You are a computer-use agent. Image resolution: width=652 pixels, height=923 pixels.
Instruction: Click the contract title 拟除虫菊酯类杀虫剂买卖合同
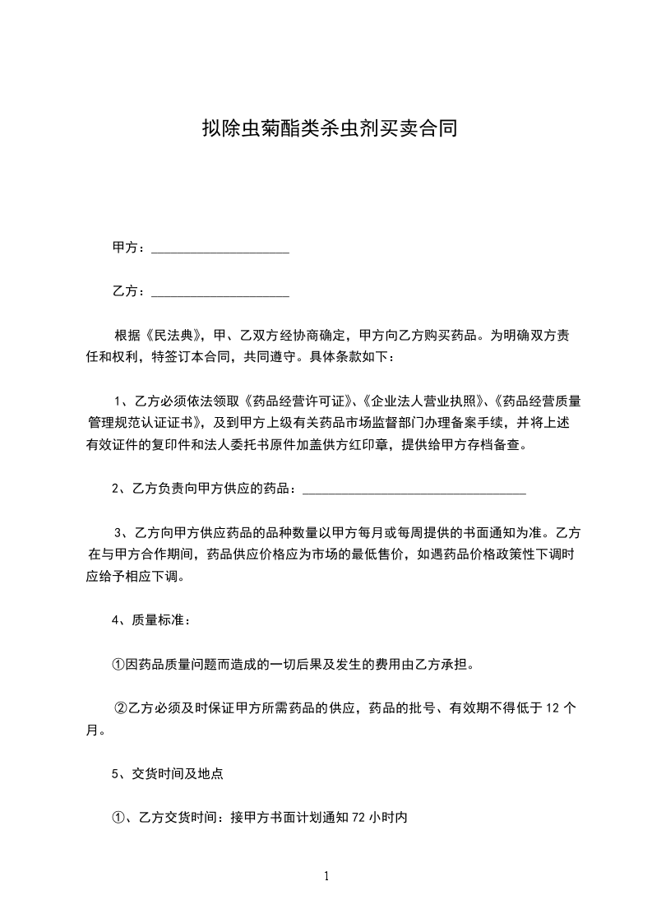point(329,128)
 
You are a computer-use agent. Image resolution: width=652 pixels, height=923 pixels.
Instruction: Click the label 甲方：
point(130,248)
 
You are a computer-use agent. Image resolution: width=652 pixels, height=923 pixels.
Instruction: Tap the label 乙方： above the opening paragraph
point(130,291)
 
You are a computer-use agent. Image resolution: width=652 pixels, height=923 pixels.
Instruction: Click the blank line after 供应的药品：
point(414,491)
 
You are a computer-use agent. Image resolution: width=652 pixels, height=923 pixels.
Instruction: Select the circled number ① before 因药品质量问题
point(118,664)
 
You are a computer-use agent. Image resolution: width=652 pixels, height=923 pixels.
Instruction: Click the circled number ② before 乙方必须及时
point(120,707)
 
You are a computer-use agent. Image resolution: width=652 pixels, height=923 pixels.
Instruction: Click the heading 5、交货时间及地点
point(167,773)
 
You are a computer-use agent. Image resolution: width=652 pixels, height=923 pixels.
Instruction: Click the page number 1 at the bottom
point(326,876)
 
